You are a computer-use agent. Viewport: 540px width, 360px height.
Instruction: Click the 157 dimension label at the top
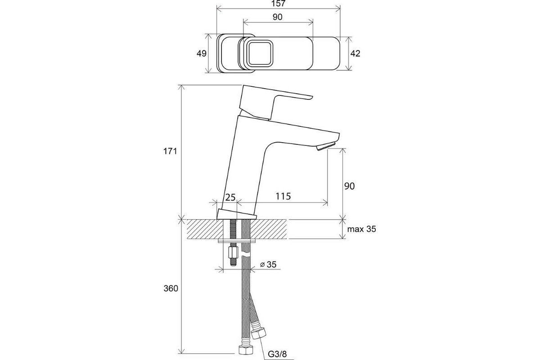click(279, 4)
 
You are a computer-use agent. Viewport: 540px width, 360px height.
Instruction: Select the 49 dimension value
click(202, 53)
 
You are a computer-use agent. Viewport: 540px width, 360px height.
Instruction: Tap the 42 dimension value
click(355, 53)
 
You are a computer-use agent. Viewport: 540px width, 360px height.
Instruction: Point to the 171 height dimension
click(170, 151)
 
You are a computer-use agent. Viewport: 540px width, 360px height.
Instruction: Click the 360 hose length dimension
click(171, 288)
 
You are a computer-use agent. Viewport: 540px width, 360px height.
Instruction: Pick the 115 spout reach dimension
click(283, 196)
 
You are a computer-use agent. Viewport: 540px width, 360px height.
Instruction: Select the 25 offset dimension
click(230, 198)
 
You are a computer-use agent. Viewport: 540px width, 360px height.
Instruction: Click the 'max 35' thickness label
click(362, 229)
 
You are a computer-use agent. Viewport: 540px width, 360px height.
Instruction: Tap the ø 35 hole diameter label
click(268, 265)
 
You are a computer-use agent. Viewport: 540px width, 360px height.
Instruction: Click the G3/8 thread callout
click(277, 354)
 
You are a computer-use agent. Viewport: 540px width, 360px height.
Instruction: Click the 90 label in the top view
click(278, 17)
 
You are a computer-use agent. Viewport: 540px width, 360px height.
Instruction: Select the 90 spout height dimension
click(349, 186)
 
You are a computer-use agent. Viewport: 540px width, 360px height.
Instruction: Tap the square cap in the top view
click(260, 53)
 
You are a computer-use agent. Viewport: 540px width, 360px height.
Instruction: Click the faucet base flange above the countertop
click(237, 214)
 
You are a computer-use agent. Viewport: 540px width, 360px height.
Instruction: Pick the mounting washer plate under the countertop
click(237, 241)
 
